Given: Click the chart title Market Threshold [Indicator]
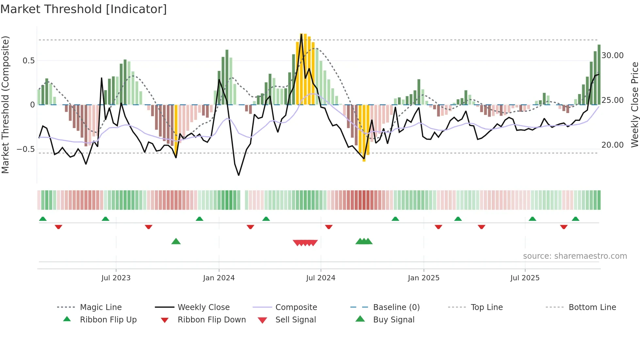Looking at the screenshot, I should click(84, 9).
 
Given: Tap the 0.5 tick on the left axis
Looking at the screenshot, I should click(29, 61).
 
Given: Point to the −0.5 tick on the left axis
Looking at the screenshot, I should click(26, 149).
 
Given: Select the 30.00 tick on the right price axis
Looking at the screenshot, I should click(612, 56).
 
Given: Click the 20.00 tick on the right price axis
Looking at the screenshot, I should click(612, 145).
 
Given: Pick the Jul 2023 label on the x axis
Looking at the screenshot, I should click(116, 278).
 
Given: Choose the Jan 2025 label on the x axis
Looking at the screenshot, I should click(424, 278).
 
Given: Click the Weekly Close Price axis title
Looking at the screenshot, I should click(634, 105).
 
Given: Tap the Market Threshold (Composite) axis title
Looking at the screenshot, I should click(5, 105).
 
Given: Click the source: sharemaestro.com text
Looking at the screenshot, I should click(575, 256).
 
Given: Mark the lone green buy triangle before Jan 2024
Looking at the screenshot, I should click(176, 241).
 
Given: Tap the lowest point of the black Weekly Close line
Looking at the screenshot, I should click(239, 175).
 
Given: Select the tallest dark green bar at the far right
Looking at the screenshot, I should click(599, 74).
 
